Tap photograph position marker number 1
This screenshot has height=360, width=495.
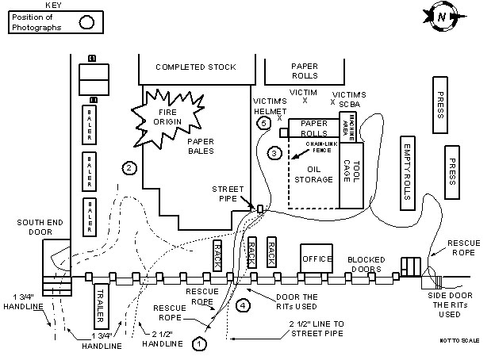199,343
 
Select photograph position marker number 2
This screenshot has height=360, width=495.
128,167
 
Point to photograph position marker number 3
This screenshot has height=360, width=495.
274,151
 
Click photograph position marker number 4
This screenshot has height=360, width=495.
244,303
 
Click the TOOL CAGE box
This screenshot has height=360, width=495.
351,175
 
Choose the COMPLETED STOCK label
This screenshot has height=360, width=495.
195,67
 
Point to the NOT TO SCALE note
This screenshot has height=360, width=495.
459,340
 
